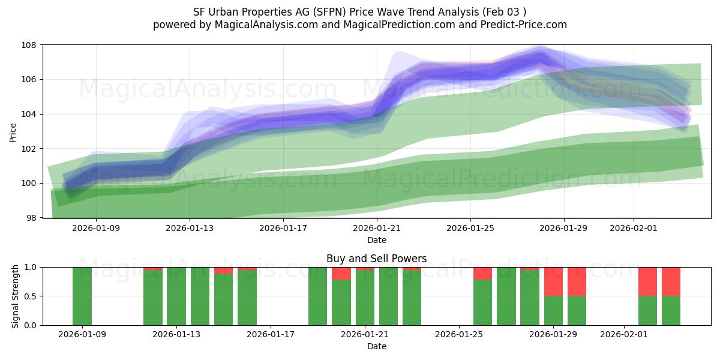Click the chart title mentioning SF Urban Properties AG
(x=360, y=11)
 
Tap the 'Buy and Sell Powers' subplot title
(x=376, y=259)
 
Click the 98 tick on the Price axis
(x=32, y=217)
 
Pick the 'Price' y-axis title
(x=13, y=132)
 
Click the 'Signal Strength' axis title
(x=16, y=296)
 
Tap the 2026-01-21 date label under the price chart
(x=376, y=228)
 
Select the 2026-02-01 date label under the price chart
(x=634, y=228)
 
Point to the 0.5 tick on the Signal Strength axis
(x=31, y=296)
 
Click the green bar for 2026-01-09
(x=82, y=296)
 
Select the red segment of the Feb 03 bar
(x=671, y=281)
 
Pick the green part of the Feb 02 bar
(x=647, y=310)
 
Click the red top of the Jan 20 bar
(x=341, y=274)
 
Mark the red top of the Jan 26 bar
(x=482, y=274)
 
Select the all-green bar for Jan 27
(x=506, y=296)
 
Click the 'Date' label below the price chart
(x=376, y=240)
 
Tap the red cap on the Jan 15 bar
(x=223, y=271)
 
